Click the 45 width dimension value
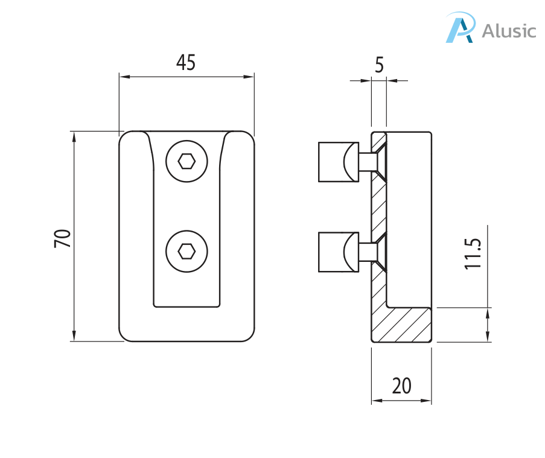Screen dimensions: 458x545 pos(186,63)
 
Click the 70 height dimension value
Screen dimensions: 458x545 pos(63,239)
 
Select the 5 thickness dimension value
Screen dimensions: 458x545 pos(379,65)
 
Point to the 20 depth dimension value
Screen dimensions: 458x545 pos(401,386)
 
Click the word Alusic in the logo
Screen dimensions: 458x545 pos(509,31)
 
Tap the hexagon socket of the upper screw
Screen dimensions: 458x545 pos(186,161)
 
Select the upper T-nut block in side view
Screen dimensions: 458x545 pos(334,162)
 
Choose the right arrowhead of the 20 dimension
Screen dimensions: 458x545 pos(427,400)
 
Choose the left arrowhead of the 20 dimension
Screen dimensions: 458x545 pos(375,400)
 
